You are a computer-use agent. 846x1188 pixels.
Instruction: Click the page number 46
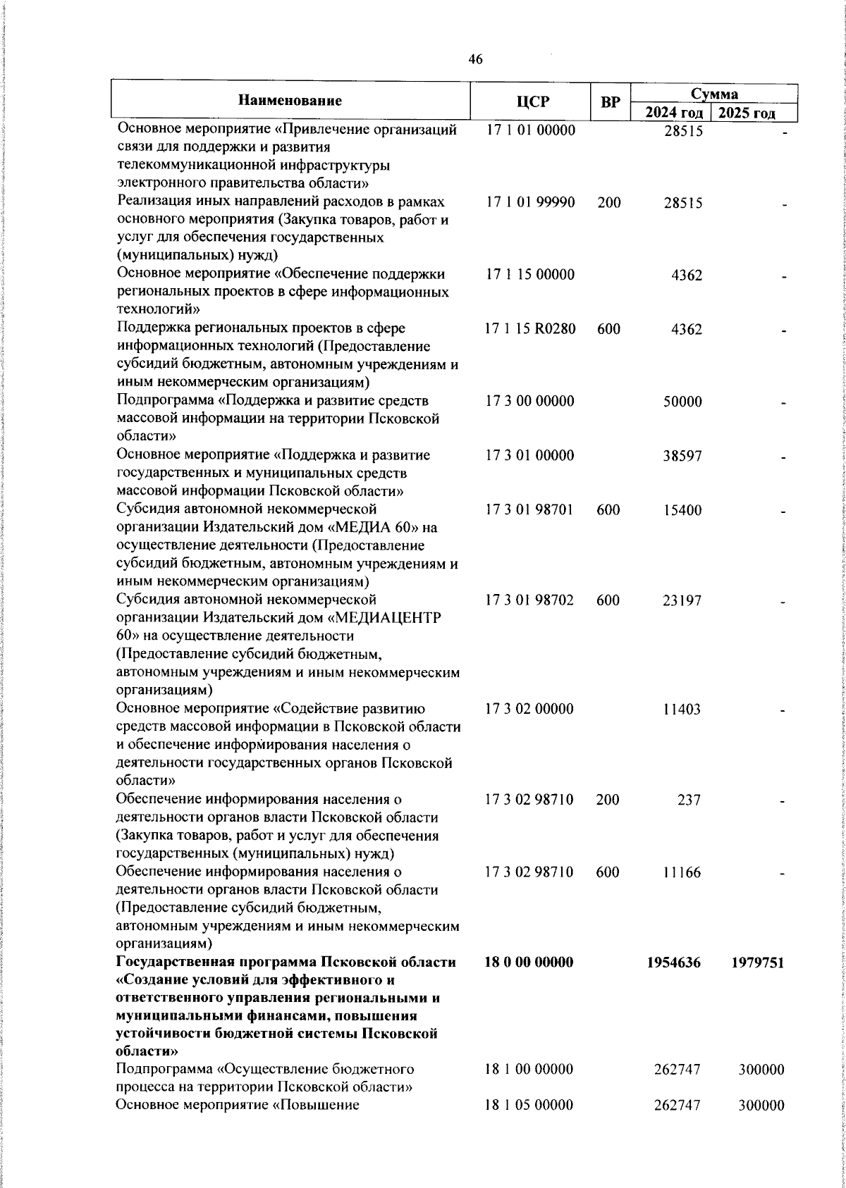point(475,60)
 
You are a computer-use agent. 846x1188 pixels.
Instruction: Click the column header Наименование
point(290,101)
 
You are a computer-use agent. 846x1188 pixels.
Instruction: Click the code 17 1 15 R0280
point(530,328)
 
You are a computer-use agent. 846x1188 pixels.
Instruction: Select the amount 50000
point(683,402)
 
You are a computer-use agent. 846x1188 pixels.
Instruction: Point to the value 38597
point(683,456)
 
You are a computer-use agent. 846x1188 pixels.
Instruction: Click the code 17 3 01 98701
point(530,509)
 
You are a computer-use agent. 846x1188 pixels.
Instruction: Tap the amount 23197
point(683,601)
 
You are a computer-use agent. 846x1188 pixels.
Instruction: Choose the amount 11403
point(682,709)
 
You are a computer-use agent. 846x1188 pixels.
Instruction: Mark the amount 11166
point(682,872)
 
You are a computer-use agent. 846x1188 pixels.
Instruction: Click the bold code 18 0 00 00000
point(529,963)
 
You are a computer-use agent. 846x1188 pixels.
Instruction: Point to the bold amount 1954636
point(674,963)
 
